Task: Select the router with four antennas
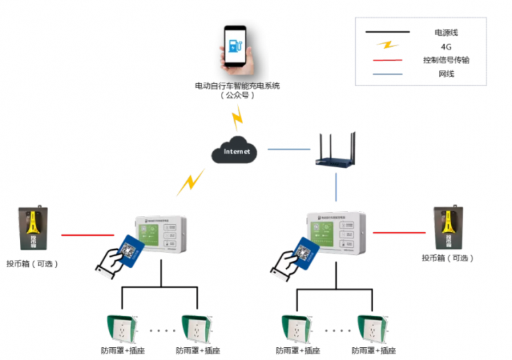(x=337, y=152)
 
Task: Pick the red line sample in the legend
(x=387, y=60)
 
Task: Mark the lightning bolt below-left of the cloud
(x=190, y=183)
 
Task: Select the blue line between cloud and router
(x=289, y=150)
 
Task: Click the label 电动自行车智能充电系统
(x=237, y=85)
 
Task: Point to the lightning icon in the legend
(x=387, y=45)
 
